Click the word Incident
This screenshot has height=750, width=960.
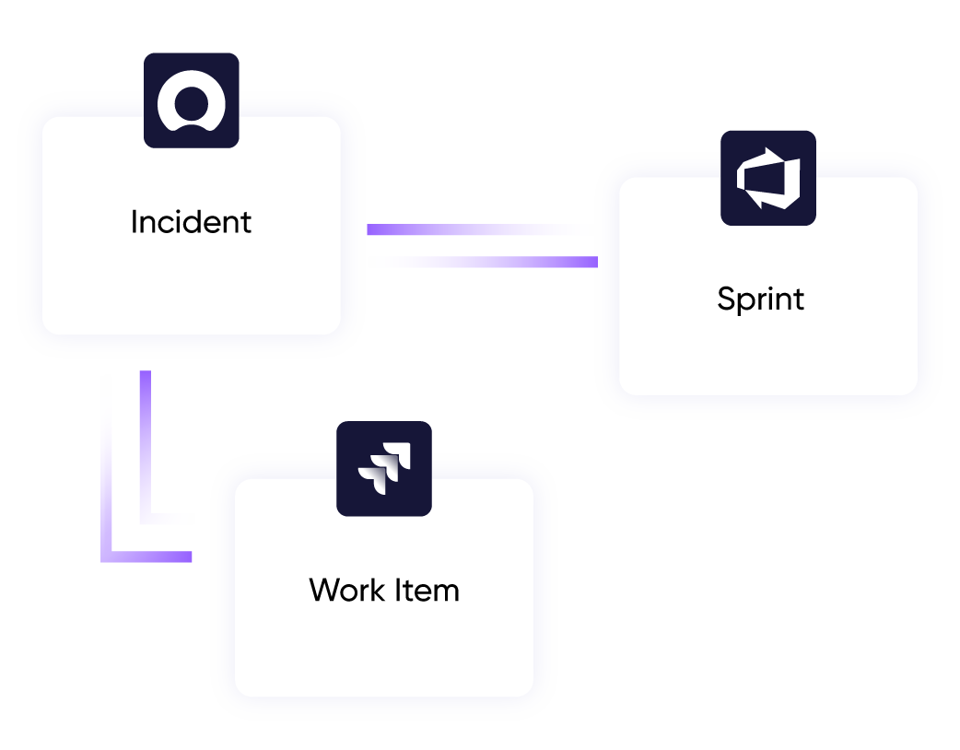(x=191, y=222)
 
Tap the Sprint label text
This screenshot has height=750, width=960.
(x=760, y=299)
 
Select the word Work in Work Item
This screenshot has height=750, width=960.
(x=345, y=590)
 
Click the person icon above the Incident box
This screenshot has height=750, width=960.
(x=192, y=100)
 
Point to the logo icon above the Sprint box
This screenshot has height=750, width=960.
(x=768, y=178)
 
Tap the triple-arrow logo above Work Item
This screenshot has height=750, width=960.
(x=384, y=468)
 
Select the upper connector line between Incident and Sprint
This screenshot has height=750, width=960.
(x=480, y=229)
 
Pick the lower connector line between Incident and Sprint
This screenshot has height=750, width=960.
(x=480, y=262)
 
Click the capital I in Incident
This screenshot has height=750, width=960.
(x=135, y=222)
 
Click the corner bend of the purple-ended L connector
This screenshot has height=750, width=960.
(x=107, y=557)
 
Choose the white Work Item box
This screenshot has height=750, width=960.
(x=384, y=645)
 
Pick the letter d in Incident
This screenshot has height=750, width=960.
(x=199, y=222)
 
